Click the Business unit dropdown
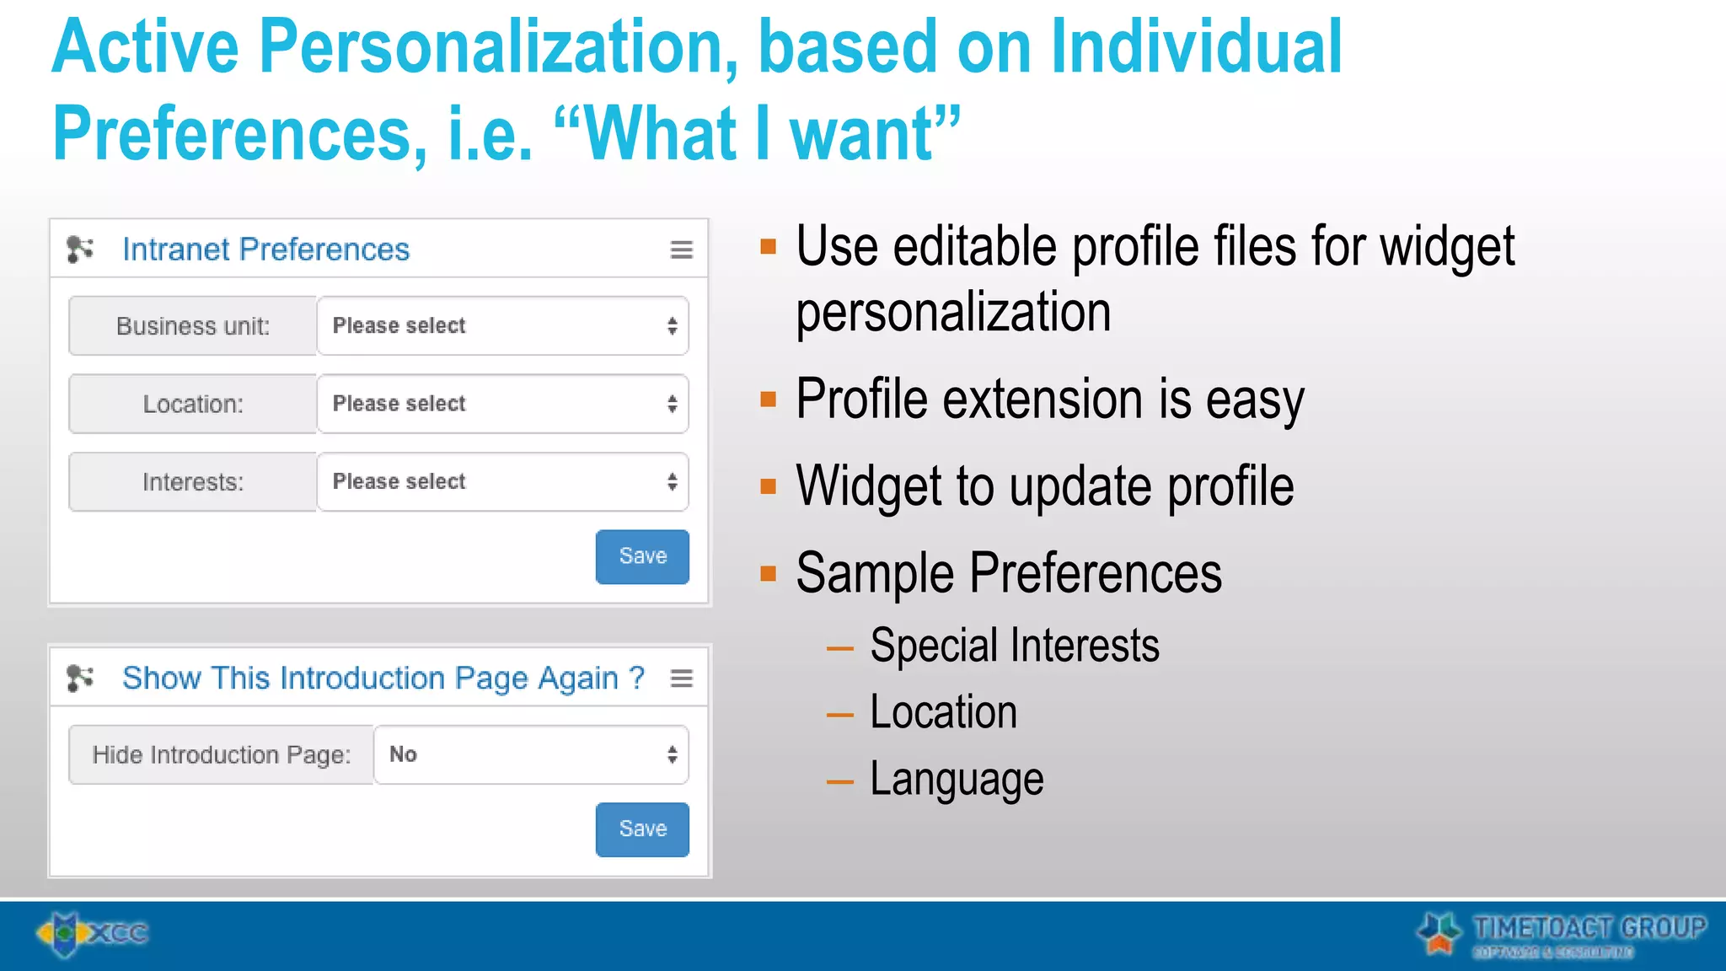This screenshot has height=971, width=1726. click(x=502, y=325)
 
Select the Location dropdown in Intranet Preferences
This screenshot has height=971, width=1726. click(x=502, y=404)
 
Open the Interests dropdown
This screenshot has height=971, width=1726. click(x=502, y=482)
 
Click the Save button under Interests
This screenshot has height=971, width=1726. click(x=642, y=556)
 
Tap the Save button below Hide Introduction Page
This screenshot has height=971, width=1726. click(x=642, y=829)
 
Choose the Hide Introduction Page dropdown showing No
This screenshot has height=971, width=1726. click(x=531, y=754)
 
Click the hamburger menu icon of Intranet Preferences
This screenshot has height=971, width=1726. click(x=682, y=249)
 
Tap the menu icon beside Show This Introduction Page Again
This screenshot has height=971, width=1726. click(x=682, y=679)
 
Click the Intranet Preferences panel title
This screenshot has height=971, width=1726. click(x=265, y=249)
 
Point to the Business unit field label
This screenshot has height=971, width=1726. click(x=193, y=326)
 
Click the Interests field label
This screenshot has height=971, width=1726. click(x=193, y=482)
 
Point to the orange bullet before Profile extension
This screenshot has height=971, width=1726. click(x=768, y=399)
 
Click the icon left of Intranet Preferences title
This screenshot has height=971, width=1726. click(x=80, y=249)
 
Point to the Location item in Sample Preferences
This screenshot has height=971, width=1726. click(x=943, y=712)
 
